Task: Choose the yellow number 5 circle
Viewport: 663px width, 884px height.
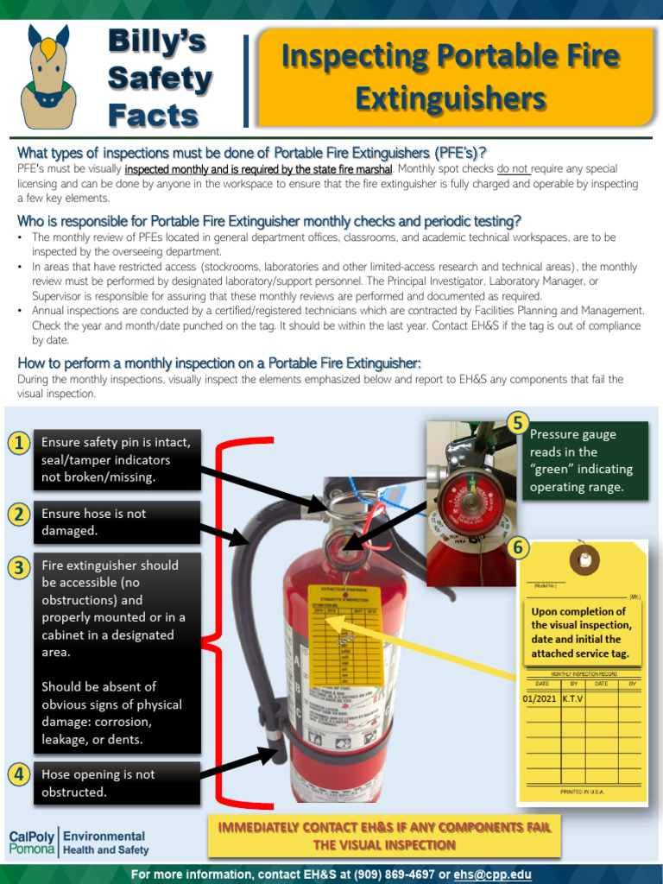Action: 517,423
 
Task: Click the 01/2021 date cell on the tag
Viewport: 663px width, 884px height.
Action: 540,698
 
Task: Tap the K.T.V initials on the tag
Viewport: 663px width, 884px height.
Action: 573,698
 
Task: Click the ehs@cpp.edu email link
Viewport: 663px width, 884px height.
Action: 494,875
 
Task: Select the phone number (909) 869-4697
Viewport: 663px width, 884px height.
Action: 400,875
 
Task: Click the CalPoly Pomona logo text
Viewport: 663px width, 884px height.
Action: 31,843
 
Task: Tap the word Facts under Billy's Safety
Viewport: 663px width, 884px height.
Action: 153,115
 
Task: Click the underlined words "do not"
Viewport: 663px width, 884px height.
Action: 513,169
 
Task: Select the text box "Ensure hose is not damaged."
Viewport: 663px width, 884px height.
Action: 117,522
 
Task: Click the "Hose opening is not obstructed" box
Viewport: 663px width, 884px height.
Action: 117,783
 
